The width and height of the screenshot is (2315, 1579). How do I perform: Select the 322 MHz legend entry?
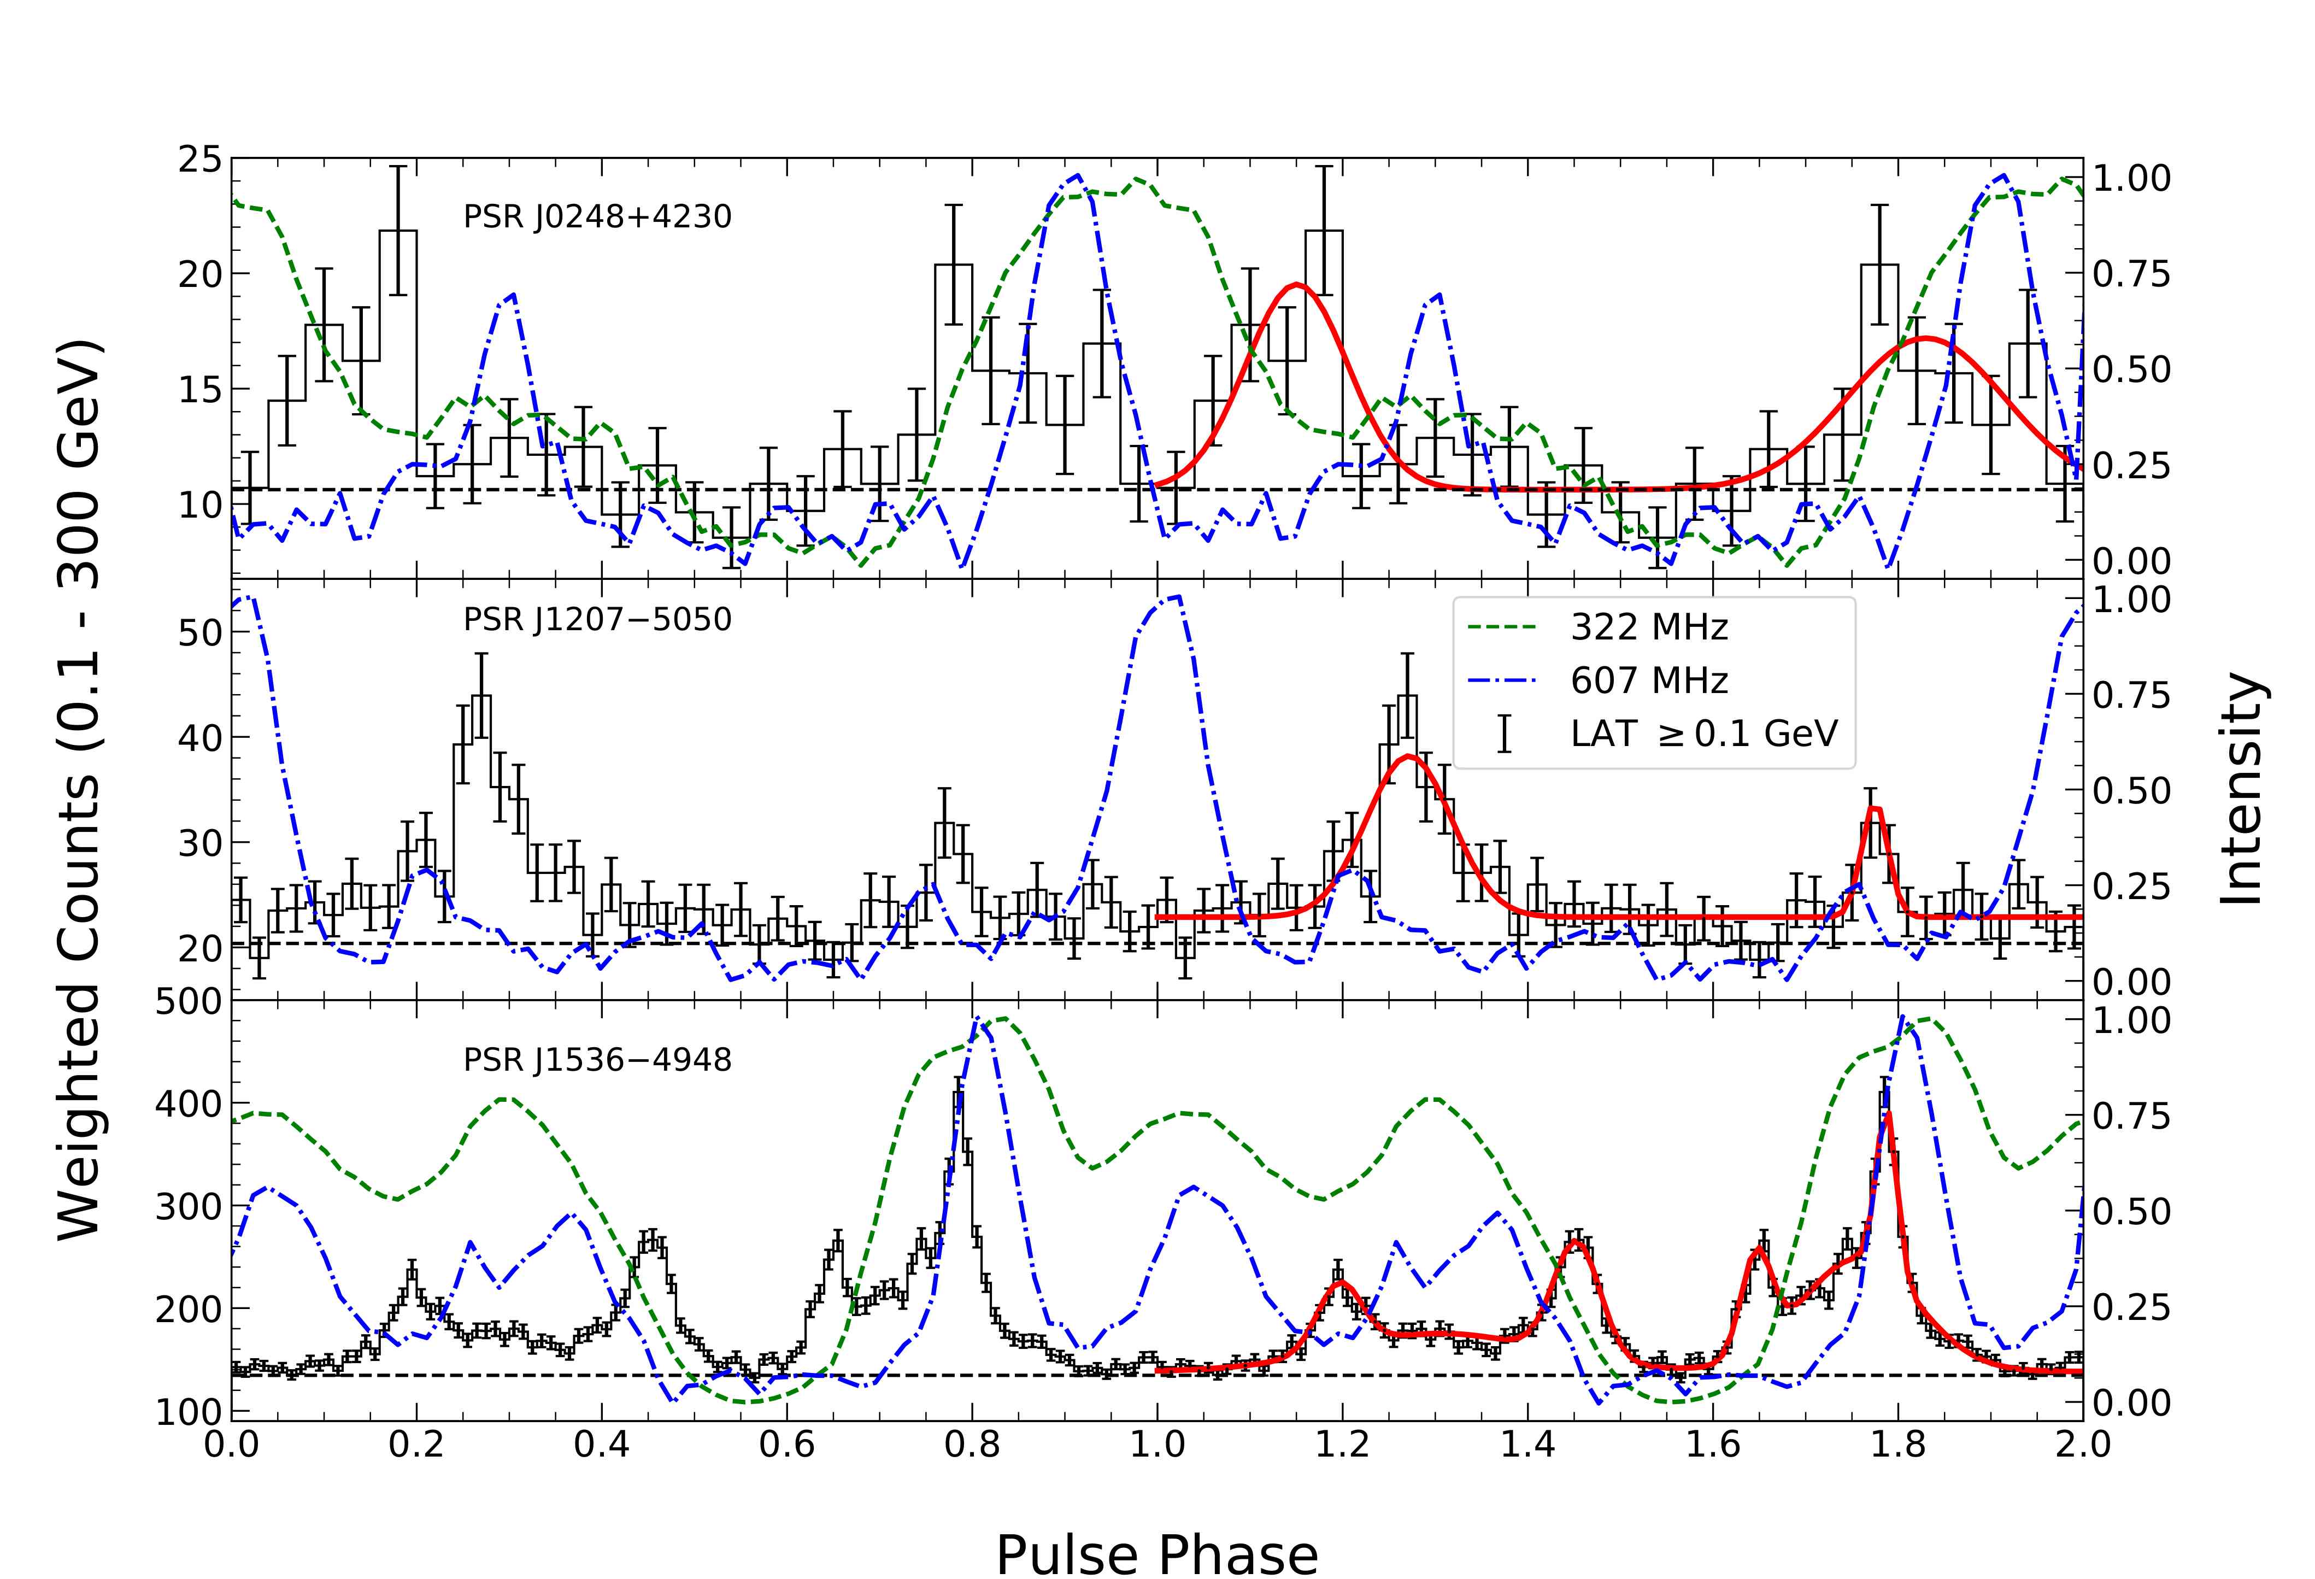1649,627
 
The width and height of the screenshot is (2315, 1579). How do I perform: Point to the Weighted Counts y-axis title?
80,790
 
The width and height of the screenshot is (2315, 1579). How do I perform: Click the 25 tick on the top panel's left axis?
199,160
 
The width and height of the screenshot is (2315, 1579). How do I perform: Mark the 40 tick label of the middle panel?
199,738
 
